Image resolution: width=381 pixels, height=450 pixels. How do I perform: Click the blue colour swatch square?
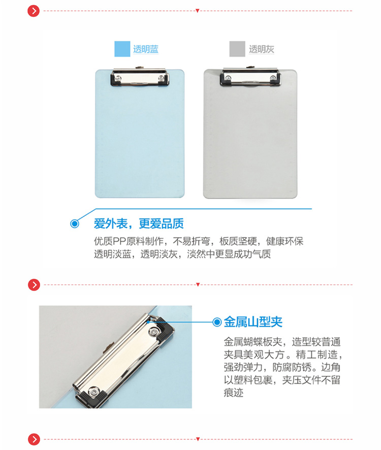(122, 49)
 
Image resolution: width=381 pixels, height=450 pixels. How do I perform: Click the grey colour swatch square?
(237, 49)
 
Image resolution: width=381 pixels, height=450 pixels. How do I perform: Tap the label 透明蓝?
(146, 49)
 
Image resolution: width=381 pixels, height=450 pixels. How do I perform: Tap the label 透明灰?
(261, 49)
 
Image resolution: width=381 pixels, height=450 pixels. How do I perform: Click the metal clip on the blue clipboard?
(140, 77)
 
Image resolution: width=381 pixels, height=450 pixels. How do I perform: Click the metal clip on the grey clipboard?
(250, 76)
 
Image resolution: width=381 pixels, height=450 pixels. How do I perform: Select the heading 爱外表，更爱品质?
(139, 223)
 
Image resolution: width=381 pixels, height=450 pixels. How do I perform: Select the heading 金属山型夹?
(253, 322)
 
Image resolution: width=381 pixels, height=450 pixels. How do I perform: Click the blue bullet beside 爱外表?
(75, 223)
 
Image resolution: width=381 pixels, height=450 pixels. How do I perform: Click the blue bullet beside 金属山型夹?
(217, 322)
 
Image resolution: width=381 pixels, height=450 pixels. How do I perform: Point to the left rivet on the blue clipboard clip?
(118, 78)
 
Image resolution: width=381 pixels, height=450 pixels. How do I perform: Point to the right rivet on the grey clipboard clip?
(273, 78)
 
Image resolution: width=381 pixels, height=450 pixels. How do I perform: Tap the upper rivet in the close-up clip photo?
(154, 332)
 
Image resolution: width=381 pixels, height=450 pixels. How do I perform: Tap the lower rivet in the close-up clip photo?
(93, 392)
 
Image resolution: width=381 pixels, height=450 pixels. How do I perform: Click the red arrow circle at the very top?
(34, 11)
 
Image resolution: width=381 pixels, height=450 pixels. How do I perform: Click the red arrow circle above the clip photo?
(34, 285)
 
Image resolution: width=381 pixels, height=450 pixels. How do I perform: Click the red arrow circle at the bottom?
(34, 439)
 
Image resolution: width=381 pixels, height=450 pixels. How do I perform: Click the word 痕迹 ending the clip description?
(233, 392)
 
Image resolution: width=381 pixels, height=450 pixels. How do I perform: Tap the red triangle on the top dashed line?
(198, 11)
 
